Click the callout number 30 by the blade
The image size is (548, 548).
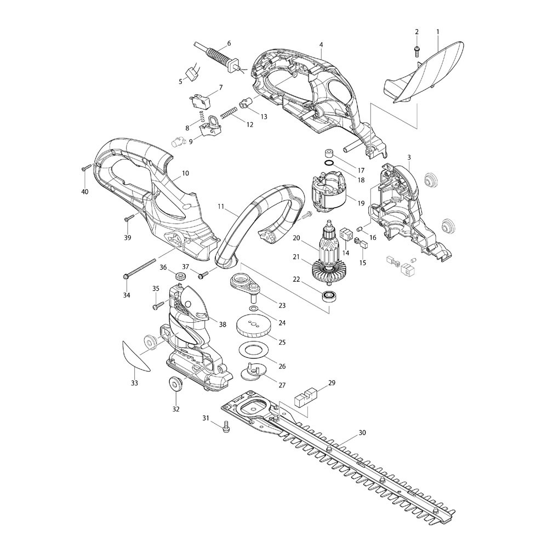[x=362, y=433]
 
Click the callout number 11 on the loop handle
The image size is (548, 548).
[x=221, y=207]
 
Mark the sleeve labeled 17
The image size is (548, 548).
[x=329, y=152]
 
